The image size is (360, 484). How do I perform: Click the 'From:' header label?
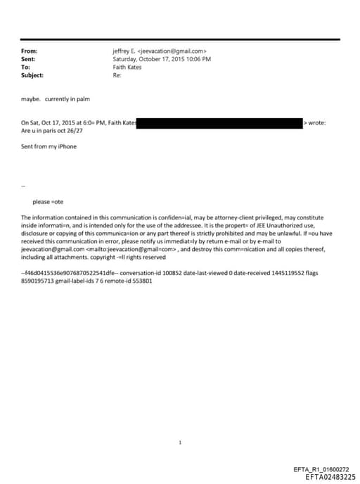[30, 51]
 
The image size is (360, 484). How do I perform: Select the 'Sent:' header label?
[29, 59]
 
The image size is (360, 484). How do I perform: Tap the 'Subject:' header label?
[33, 75]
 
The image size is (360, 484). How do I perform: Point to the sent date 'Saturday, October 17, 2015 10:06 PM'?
[162, 59]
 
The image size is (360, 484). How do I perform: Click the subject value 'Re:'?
[117, 75]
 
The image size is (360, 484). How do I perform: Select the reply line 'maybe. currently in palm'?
[56, 99]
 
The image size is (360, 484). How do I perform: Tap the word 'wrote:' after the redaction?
[317, 123]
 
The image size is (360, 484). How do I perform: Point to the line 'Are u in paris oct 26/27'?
[56, 131]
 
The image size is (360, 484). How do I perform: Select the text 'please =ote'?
[49, 202]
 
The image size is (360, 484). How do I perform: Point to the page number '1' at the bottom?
[180, 442]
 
